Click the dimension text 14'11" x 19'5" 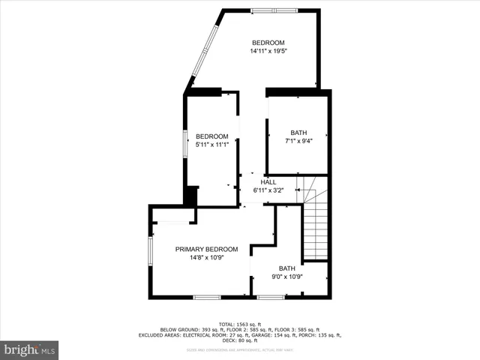tap(268, 52)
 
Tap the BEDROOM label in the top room tap(268, 42)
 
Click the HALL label tap(268, 181)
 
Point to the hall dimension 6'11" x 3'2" tap(268, 190)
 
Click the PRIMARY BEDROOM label tap(206, 249)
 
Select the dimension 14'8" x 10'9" tap(206, 258)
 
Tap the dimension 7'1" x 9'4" tap(298, 141)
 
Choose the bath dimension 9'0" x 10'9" tap(287, 277)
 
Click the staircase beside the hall tap(315, 225)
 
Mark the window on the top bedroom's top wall tap(273, 10)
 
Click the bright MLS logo tap(29, 349)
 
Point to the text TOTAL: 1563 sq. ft tap(239, 323)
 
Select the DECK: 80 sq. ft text tap(239, 341)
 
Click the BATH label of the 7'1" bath tap(298, 133)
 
